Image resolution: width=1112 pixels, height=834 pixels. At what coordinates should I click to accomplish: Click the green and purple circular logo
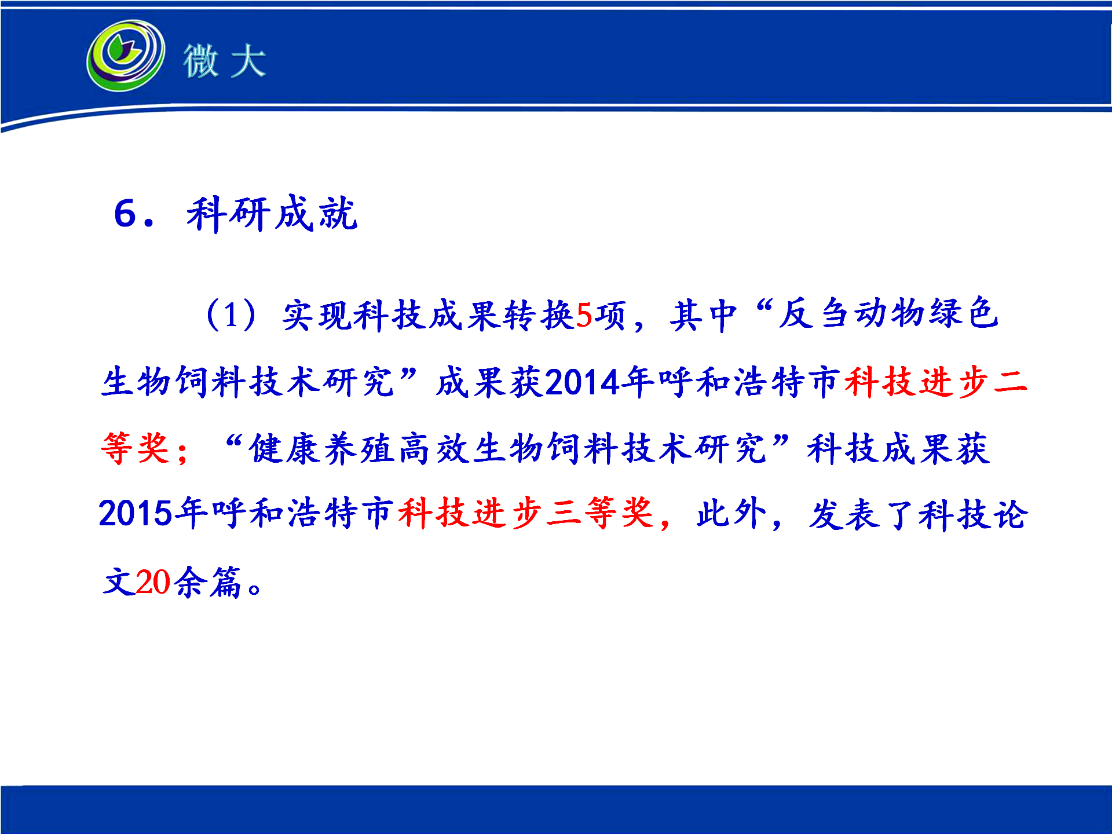pos(125,55)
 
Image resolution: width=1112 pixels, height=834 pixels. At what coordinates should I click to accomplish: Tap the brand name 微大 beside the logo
pos(225,60)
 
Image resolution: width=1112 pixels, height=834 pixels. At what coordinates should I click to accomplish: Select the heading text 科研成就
pos(272,214)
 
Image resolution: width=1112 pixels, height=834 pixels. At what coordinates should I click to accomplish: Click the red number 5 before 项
pos(584,316)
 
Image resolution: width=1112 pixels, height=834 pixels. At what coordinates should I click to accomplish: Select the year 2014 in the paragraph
pos(583,382)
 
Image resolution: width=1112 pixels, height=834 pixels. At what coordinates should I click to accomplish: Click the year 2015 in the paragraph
pos(136,514)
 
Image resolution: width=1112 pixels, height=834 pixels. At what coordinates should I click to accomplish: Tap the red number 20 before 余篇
pos(153,581)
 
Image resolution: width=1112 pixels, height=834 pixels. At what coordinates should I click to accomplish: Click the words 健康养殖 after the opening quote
pos(324,448)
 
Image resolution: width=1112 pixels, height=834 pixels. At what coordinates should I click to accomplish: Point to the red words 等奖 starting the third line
pos(136,448)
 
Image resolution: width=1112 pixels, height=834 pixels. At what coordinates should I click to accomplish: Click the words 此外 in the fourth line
pos(731,513)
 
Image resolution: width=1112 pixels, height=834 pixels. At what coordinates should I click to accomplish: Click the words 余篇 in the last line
pos(207,581)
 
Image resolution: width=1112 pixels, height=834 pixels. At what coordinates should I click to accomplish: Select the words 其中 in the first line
pos(704,316)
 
